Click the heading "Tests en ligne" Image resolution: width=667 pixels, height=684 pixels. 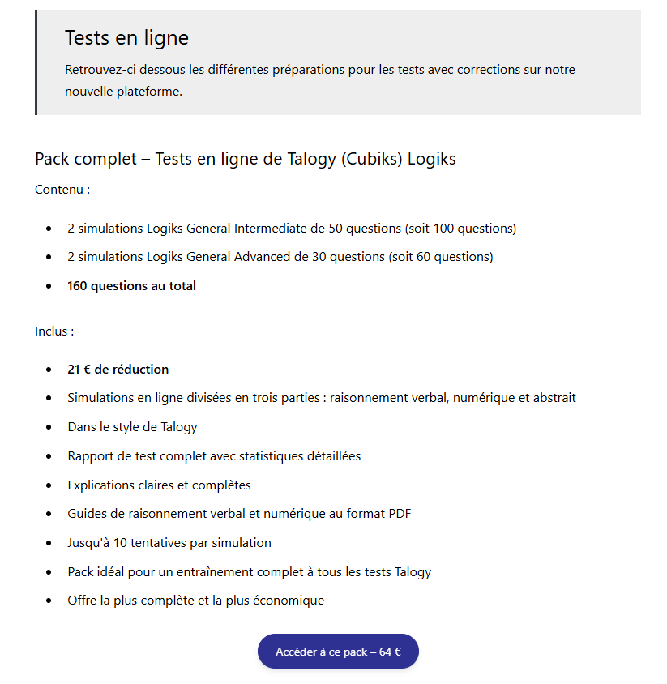pyautogui.click(x=126, y=37)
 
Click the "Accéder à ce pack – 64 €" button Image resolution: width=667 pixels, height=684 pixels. pyautogui.click(x=338, y=652)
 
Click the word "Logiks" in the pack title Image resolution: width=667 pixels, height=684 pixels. pyautogui.click(x=432, y=159)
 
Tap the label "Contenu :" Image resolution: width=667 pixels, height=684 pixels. pyautogui.click(x=62, y=190)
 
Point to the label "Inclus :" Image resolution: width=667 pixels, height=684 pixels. pyautogui.click(x=54, y=331)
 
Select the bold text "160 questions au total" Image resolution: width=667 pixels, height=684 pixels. pyautogui.click(x=131, y=285)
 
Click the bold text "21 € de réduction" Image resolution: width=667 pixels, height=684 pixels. pyautogui.click(x=118, y=370)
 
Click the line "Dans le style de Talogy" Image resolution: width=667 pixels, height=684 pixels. pyautogui.click(x=132, y=427)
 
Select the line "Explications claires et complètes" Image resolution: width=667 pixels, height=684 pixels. pyautogui.click(x=159, y=485)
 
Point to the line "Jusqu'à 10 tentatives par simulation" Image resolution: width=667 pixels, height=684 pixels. pyautogui.click(x=169, y=543)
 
